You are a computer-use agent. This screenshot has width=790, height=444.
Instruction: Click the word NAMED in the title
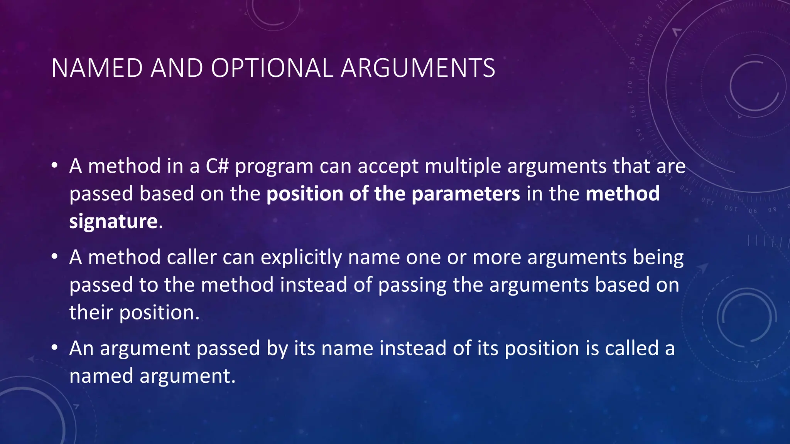(x=97, y=68)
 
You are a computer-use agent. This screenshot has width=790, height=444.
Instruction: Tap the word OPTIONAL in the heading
(x=272, y=68)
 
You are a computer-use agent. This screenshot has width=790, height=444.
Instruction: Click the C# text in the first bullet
(x=217, y=166)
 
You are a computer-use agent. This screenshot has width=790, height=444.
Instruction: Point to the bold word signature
(x=113, y=222)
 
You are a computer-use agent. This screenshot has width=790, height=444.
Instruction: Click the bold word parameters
(x=466, y=194)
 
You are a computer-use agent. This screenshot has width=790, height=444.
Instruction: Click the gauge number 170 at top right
(x=630, y=87)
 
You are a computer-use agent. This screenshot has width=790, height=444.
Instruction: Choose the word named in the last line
(x=101, y=376)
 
